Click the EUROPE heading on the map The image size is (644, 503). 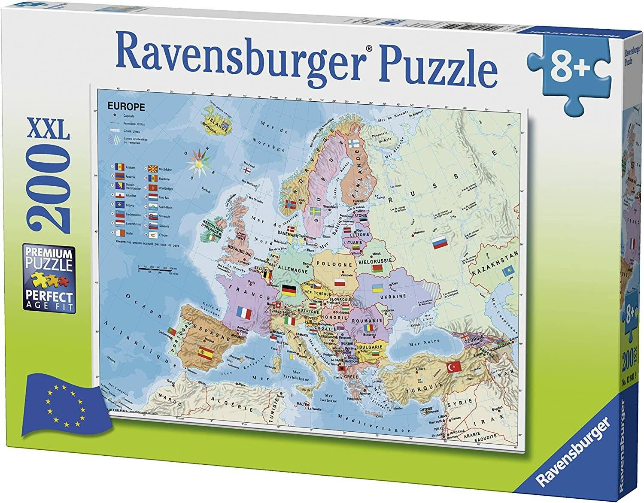[126, 107]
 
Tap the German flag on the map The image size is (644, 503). [289, 291]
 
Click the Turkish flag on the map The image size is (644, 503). [454, 367]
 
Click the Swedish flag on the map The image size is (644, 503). [316, 211]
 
